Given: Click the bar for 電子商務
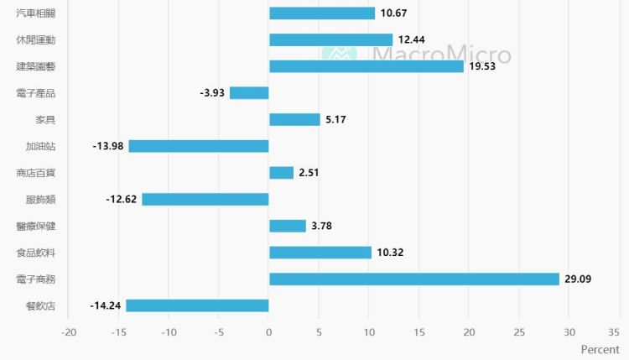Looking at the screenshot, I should click(413, 279).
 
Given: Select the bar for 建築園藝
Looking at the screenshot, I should click(366, 66).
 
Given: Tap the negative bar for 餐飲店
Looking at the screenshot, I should click(197, 305).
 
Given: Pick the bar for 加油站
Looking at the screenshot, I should click(199, 146).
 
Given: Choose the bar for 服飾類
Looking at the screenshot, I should click(205, 200).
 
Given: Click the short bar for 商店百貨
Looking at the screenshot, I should click(281, 173).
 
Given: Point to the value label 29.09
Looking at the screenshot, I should click(579, 279).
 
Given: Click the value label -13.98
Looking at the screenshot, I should click(108, 146).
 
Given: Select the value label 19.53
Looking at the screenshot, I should click(483, 66).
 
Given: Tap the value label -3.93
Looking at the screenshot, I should click(212, 93).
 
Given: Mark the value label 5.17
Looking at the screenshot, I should click(335, 120).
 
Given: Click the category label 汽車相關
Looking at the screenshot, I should click(36, 13).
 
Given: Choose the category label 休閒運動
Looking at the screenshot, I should click(36, 39).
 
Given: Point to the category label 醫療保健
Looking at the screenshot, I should click(36, 226).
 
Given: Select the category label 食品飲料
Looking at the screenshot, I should click(36, 253).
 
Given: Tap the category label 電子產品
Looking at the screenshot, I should click(36, 93).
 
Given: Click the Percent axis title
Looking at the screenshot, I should click(600, 349).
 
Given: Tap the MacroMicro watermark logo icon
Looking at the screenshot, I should click(339, 53).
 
